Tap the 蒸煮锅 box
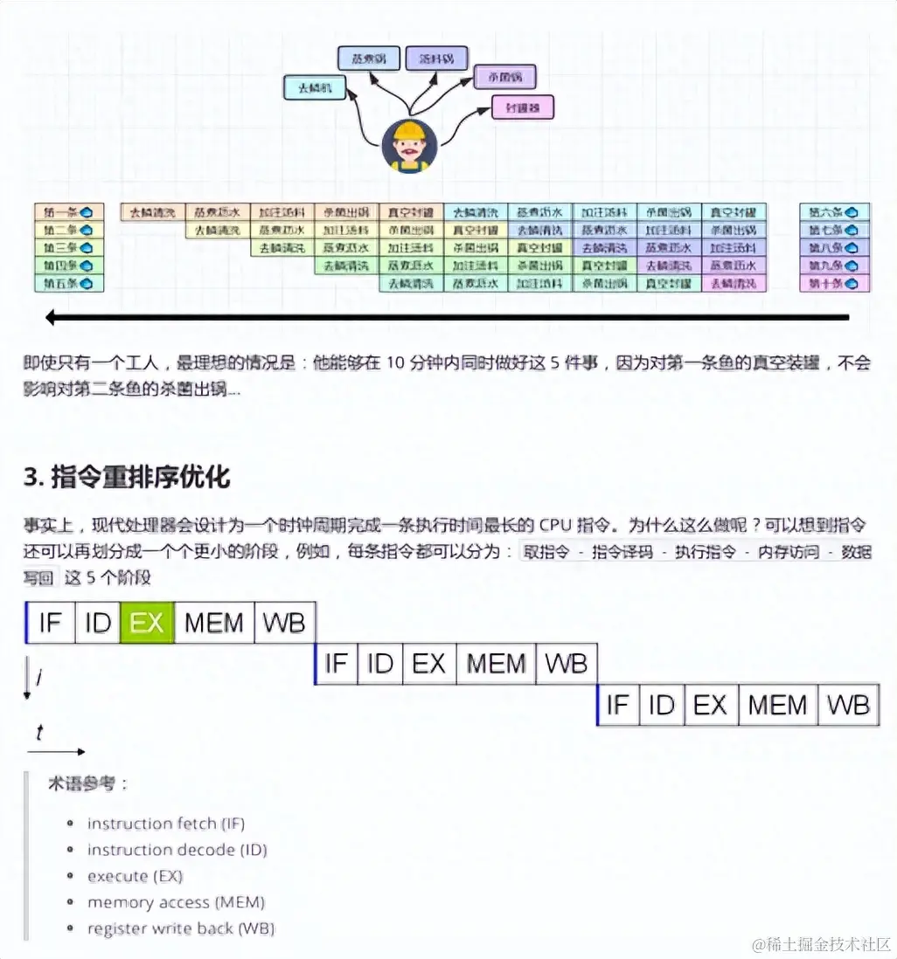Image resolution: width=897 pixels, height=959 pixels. click(x=369, y=59)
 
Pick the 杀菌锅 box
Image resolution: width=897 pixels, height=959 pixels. click(x=504, y=78)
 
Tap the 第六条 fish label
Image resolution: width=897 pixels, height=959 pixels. click(x=834, y=212)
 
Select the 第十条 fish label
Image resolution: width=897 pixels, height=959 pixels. click(x=834, y=283)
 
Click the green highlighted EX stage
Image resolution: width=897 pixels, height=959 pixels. click(x=147, y=623)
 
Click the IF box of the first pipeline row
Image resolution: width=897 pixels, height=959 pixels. click(x=51, y=623)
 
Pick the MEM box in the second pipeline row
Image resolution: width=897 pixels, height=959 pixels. click(x=496, y=664)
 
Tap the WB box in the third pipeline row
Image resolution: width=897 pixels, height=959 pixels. click(x=848, y=705)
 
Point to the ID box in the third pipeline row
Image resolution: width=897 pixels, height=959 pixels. click(x=662, y=705)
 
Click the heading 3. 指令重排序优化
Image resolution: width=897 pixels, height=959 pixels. click(x=127, y=477)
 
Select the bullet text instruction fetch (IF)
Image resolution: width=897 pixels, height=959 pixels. click(x=166, y=824)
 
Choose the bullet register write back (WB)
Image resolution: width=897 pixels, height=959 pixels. click(x=181, y=928)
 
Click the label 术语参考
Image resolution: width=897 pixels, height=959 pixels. click(x=87, y=783)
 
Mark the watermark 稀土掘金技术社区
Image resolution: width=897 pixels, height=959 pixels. click(x=822, y=944)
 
